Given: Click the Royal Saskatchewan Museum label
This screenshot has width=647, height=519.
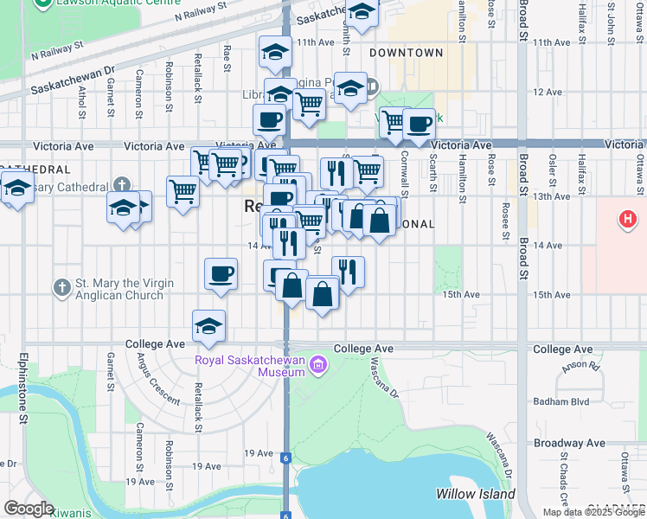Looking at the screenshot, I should pyautogui.click(x=250, y=366).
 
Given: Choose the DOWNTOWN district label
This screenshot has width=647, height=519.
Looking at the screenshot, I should pyautogui.click(x=407, y=53).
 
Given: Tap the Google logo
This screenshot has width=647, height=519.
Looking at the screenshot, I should pyautogui.click(x=29, y=509).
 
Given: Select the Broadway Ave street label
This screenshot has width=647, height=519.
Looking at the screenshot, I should pyautogui.click(x=570, y=443).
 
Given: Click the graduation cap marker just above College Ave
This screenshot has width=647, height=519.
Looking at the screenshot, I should pyautogui.click(x=208, y=327).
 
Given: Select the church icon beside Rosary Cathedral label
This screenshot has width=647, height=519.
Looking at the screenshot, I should pyautogui.click(x=122, y=184).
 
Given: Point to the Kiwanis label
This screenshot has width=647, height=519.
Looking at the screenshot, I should pyautogui.click(x=70, y=513).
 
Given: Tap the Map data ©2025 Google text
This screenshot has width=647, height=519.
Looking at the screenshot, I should pyautogui.click(x=593, y=512).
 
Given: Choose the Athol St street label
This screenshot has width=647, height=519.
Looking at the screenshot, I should pyautogui.click(x=82, y=102).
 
